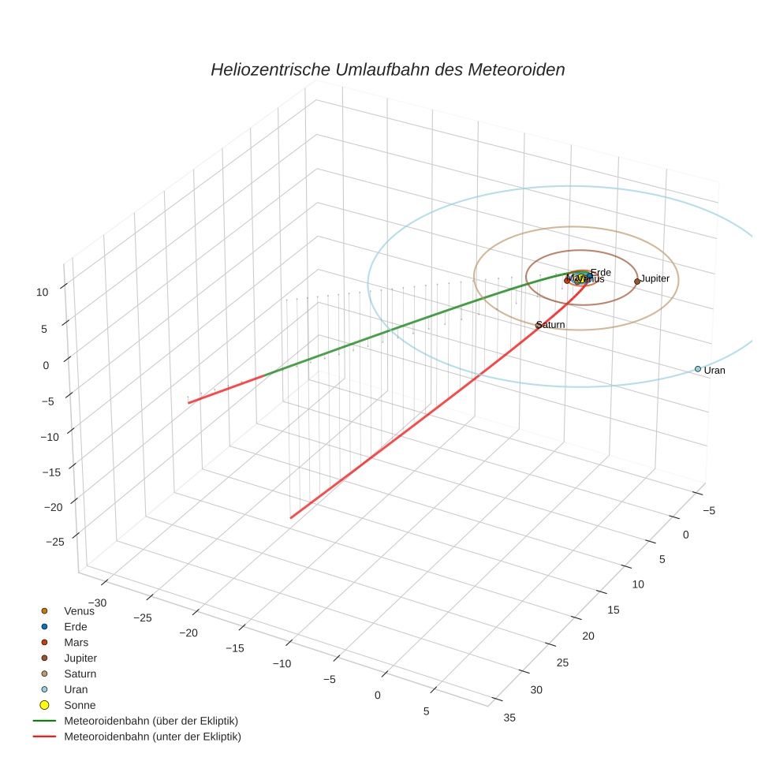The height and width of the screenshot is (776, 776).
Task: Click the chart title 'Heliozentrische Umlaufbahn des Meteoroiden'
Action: coord(387,69)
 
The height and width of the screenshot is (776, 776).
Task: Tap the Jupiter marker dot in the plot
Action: coord(637,282)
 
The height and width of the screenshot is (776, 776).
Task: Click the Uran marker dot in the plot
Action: coord(698,369)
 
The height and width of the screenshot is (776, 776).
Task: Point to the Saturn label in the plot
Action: coord(550,325)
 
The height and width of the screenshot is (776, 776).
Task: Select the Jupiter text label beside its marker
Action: coord(655,278)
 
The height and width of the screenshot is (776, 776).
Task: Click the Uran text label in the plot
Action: coord(714,370)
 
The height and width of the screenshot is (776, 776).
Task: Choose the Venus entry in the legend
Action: coord(79,611)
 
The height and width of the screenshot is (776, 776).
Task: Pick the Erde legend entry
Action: coord(76,627)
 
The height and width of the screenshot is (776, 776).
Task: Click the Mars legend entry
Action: coord(76,643)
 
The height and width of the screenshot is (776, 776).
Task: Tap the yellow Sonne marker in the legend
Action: coord(44,705)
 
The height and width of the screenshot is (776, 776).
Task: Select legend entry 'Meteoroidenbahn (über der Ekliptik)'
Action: coord(151,721)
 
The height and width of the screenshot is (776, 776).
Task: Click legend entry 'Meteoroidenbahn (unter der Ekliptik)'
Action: coord(152,737)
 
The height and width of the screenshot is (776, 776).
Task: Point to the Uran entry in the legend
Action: coord(76,689)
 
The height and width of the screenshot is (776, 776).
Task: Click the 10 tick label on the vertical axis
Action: coord(42,292)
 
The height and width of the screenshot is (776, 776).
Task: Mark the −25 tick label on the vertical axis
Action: coord(55,542)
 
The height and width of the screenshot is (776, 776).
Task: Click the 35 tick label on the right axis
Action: coord(509,717)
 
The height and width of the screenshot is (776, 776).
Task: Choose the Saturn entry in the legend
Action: coord(80,674)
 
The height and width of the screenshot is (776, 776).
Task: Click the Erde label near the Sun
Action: coord(601,273)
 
